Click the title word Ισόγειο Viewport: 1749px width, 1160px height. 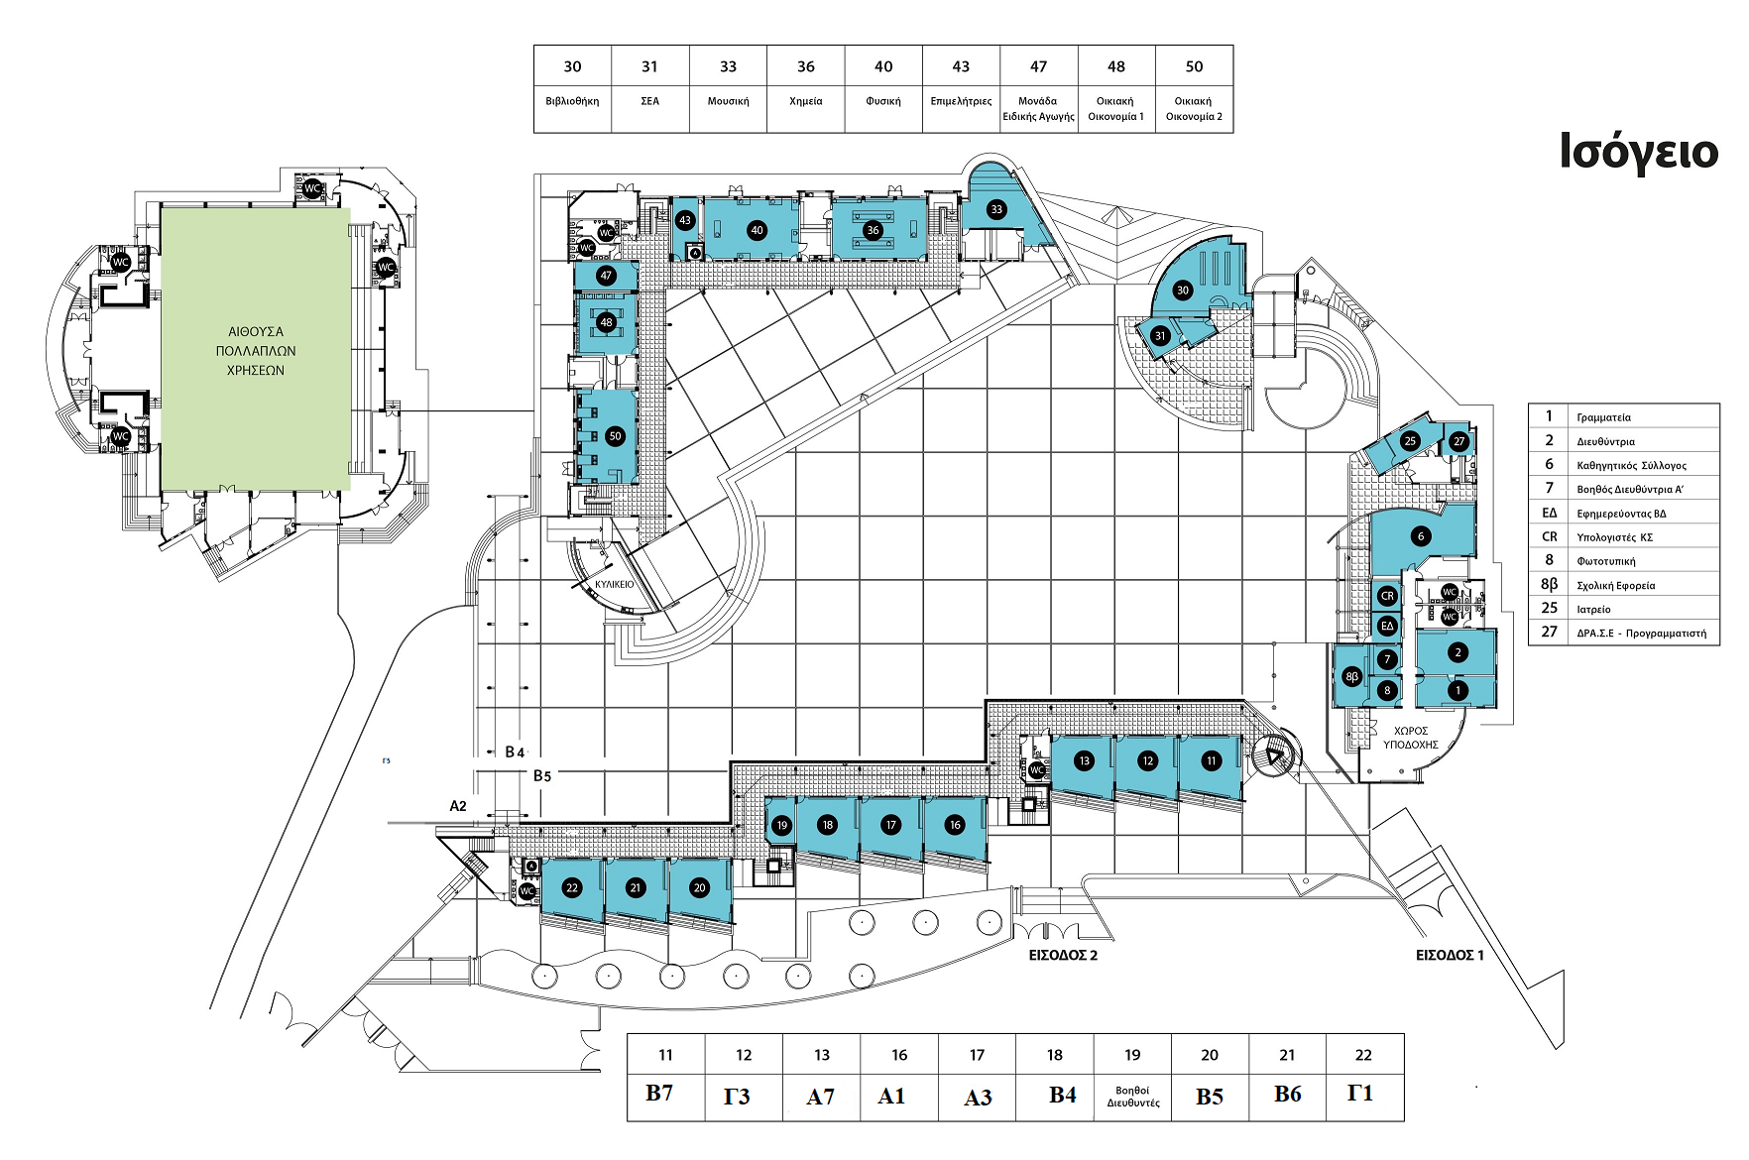tap(1638, 153)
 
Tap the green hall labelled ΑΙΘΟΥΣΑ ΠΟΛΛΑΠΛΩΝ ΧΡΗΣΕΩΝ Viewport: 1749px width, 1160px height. tap(256, 351)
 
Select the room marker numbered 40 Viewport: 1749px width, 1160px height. tap(757, 230)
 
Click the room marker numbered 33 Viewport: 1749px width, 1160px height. tap(996, 209)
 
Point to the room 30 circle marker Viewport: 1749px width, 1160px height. tap(1182, 290)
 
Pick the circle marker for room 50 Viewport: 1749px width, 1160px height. tap(615, 436)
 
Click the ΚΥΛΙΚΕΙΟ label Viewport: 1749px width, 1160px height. tap(614, 584)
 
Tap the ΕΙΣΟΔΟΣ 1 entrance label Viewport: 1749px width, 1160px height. tap(1449, 955)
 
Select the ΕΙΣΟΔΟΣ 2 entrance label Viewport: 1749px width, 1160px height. tap(1063, 955)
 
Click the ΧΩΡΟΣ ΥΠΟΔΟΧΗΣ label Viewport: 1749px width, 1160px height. tap(1410, 738)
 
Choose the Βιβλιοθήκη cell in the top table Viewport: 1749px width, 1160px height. tap(572, 101)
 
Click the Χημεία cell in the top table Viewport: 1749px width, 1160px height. tap(805, 101)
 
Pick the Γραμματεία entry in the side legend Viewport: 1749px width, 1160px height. tap(1603, 417)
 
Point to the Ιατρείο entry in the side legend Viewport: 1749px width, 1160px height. tap(1593, 609)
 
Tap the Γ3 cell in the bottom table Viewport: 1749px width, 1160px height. tap(737, 1097)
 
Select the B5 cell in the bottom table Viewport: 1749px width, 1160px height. tap(1209, 1097)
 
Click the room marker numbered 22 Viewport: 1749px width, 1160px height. tap(571, 888)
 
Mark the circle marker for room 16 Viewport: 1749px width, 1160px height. tap(955, 825)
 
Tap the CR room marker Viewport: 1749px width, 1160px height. tap(1387, 596)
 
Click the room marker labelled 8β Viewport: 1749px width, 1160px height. tap(1351, 677)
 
